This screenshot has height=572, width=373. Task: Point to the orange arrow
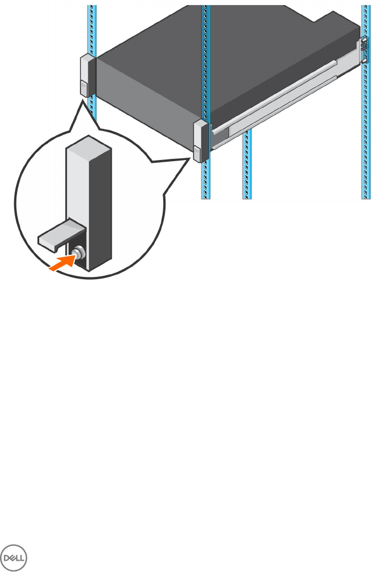tap(61, 263)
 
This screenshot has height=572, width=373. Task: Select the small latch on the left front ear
tap(83, 88)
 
